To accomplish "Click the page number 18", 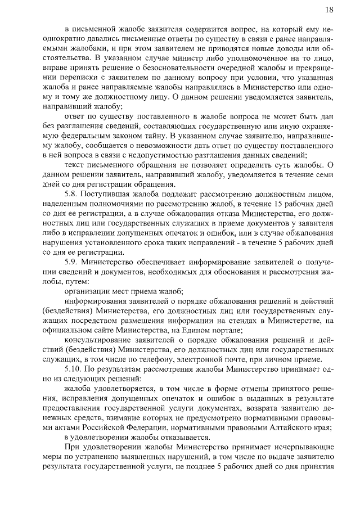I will (x=330, y=9).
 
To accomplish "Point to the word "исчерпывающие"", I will (x=305, y=453).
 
